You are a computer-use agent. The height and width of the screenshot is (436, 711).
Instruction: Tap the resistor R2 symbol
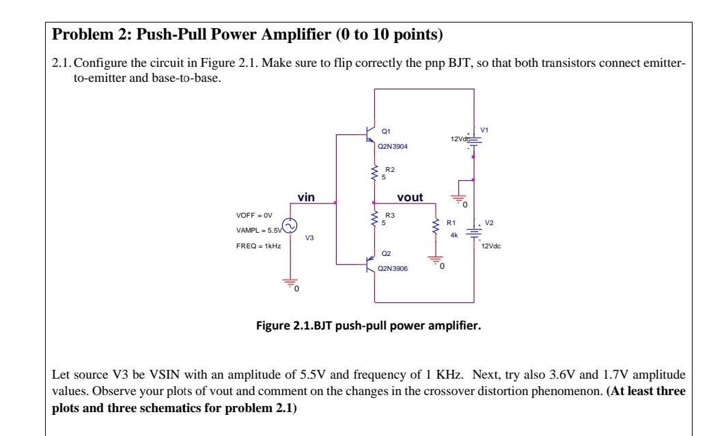pos(374,173)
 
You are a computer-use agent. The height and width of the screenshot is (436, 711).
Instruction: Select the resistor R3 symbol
pos(374,218)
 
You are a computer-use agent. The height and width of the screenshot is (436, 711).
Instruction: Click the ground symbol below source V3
pos(290,285)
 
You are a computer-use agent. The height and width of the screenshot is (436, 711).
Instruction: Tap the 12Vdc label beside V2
pos(491,246)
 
